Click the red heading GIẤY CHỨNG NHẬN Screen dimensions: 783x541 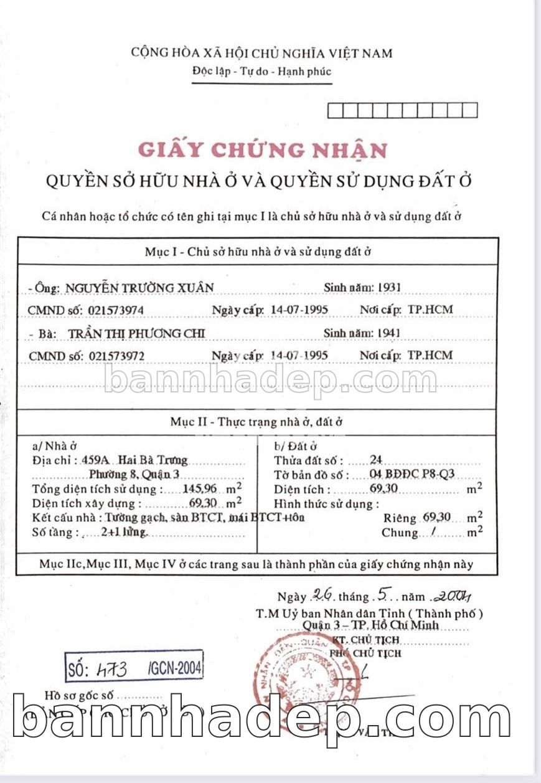pyautogui.click(x=262, y=149)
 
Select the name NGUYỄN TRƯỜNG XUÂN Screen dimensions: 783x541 pyautogui.click(x=140, y=287)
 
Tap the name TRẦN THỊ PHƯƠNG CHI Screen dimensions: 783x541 pyautogui.click(x=138, y=334)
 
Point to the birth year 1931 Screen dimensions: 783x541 pyautogui.click(x=389, y=287)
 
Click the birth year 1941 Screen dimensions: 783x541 pyautogui.click(x=388, y=333)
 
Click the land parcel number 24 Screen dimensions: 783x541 pyautogui.click(x=375, y=460)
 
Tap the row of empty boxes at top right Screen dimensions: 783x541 pyautogui.click(x=402, y=110)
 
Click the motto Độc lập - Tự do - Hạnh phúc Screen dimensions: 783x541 pyautogui.click(x=261, y=72)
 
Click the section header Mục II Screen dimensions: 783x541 pyautogui.click(x=256, y=422)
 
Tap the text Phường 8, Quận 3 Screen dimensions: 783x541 pyautogui.click(x=129, y=475)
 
